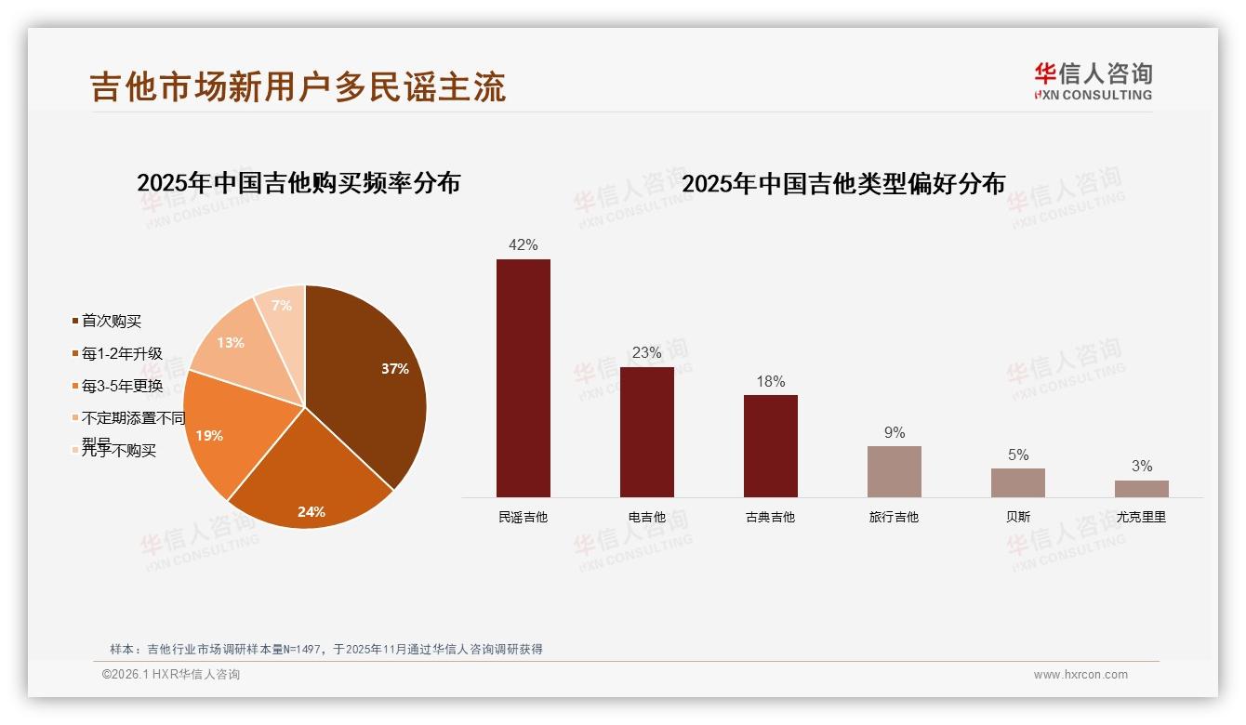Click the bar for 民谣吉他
(523, 377)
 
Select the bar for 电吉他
(646, 431)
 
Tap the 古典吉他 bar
(770, 445)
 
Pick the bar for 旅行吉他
(894, 471)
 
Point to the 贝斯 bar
(1017, 482)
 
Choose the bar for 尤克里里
(1141, 488)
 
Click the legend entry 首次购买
(111, 322)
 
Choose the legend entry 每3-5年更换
(121, 386)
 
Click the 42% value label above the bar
(523, 245)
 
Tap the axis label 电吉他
(646, 517)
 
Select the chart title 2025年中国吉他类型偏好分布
(842, 183)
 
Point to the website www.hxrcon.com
(1080, 675)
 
